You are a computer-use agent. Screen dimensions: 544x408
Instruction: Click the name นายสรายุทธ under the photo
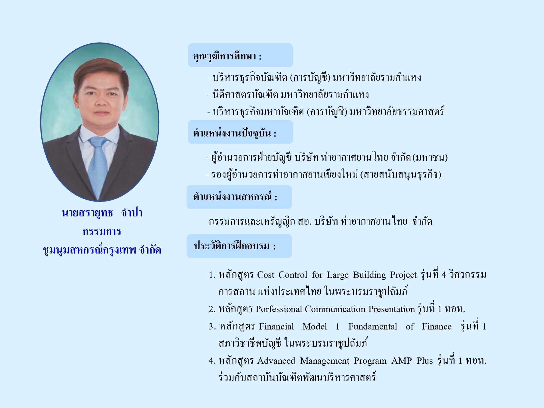click(x=87, y=213)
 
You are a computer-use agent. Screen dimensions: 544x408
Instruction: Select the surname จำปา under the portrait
click(x=132, y=213)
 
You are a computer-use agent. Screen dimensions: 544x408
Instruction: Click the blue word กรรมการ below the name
click(x=102, y=232)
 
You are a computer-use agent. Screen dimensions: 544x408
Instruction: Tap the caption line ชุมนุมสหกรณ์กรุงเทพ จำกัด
click(x=102, y=250)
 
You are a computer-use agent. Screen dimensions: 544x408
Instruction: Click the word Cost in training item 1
click(x=265, y=275)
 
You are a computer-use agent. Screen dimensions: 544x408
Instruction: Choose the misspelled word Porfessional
click(x=279, y=309)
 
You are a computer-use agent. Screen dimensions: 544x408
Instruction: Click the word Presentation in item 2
click(x=392, y=309)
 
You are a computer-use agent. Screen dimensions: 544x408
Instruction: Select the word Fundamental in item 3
click(x=373, y=326)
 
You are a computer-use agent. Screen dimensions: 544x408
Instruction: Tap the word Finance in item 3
click(x=437, y=326)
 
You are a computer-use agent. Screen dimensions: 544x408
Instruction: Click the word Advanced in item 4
click(x=276, y=361)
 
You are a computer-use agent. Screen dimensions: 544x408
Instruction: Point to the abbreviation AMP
click(x=401, y=361)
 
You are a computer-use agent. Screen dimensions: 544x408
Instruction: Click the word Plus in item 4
click(x=425, y=361)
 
